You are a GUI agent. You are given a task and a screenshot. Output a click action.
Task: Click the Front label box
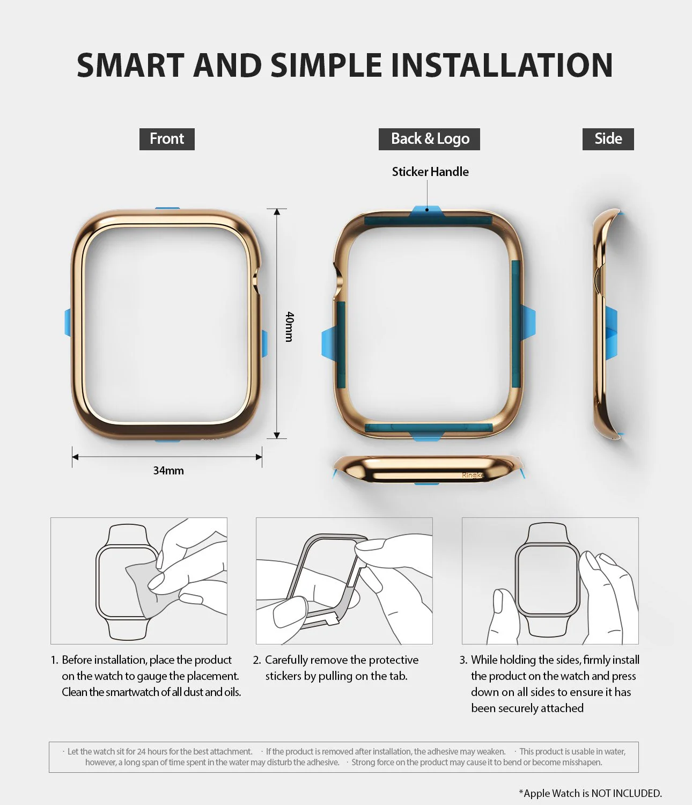[167, 139]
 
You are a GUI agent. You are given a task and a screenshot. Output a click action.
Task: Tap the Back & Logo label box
[429, 139]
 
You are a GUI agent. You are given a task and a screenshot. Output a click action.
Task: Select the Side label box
[608, 139]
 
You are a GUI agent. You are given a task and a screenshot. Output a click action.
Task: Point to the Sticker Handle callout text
[430, 172]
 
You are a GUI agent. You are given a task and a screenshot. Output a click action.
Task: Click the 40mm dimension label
[289, 326]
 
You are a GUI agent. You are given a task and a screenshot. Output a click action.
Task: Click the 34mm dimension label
[168, 471]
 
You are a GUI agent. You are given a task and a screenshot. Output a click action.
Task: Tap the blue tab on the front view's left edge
[68, 323]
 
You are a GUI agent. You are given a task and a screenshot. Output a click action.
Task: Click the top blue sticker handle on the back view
[426, 211]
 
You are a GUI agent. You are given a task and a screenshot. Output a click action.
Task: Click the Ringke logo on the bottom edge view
[473, 475]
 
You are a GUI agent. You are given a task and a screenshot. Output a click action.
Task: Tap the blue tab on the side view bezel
[612, 333]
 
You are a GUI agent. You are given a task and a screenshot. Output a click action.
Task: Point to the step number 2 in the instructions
[256, 660]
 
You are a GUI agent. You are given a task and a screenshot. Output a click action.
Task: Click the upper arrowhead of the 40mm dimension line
[277, 212]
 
